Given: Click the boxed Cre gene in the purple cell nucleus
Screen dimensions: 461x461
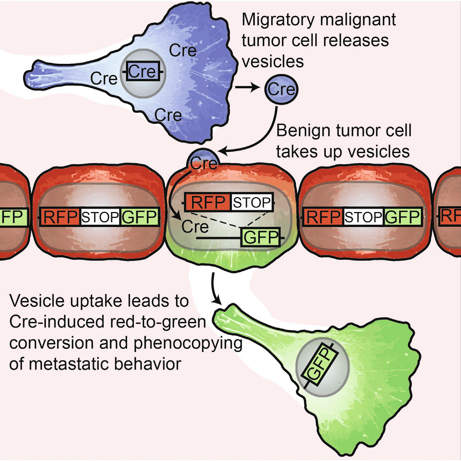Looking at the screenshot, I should [x=143, y=72].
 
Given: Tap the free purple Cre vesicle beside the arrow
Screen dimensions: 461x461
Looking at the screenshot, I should [x=281, y=89].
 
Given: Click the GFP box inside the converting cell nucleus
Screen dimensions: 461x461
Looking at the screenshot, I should [x=260, y=237].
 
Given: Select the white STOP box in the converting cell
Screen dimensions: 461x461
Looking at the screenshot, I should [x=252, y=202].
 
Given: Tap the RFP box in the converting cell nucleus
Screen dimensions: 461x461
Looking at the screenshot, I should [x=208, y=202].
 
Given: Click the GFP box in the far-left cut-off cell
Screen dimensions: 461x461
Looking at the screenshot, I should [x=13, y=217].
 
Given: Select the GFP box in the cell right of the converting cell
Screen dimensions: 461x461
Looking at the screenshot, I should [x=403, y=217].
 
